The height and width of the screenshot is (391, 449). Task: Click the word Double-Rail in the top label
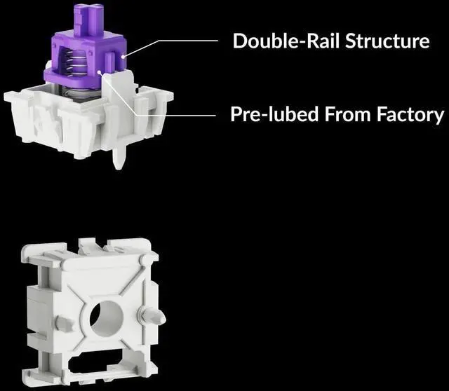point(287,41)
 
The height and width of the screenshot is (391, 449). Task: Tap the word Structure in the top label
point(387,41)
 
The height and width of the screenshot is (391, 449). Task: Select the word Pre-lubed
point(274,114)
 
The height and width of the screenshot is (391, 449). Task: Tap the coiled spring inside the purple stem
point(76,64)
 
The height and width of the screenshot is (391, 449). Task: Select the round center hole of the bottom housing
point(106,318)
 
